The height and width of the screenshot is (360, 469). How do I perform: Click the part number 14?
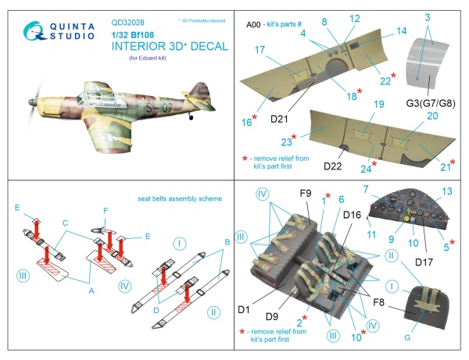[x=402, y=30]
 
